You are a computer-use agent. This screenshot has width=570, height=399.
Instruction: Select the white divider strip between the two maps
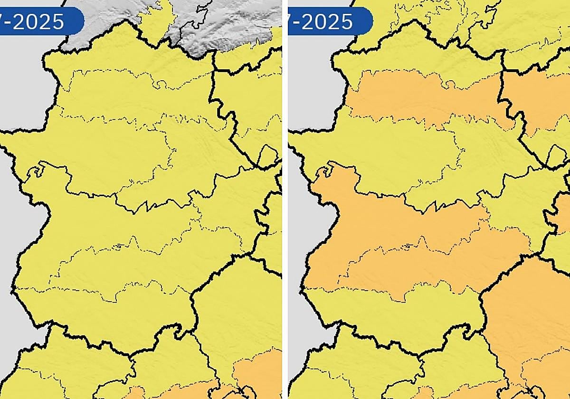(x=285, y=199)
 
